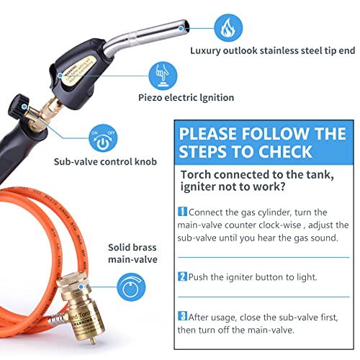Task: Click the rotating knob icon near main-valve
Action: (129, 282)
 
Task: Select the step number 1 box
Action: (182, 212)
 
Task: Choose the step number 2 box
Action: (182, 276)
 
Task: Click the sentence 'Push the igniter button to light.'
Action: (249, 276)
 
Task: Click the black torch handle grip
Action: (40, 155)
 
